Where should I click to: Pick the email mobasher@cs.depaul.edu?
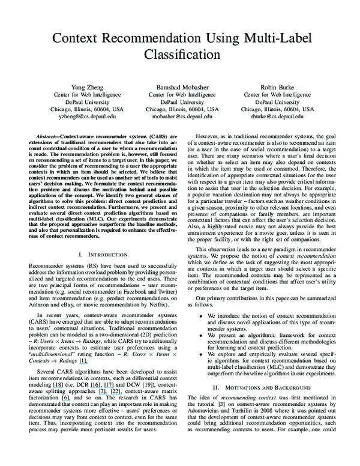pyautogui.click(x=178, y=118)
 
